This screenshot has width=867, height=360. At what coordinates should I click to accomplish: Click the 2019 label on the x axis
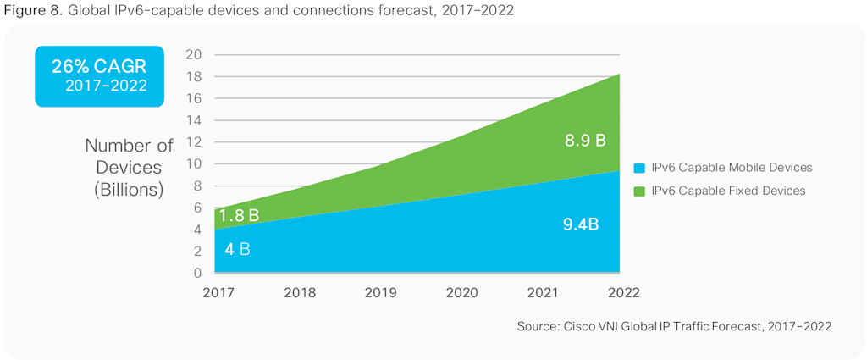pos(380,292)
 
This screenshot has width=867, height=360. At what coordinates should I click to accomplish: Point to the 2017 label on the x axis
pos(218,292)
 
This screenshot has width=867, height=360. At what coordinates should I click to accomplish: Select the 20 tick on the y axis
pos(193,54)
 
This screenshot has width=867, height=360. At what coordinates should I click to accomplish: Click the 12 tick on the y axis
pos(193,141)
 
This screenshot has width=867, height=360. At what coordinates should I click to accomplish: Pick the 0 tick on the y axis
pos(197,273)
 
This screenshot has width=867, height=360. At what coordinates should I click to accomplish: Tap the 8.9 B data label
pos(585,141)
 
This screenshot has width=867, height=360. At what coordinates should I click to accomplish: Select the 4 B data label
pos(237,250)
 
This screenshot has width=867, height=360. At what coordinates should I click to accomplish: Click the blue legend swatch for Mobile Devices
pos(639,167)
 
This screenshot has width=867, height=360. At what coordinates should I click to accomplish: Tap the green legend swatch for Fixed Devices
pos(639,191)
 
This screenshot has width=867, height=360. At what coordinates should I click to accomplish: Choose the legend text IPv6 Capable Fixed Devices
pos(728,191)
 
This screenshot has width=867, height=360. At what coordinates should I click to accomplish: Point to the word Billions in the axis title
pos(129,189)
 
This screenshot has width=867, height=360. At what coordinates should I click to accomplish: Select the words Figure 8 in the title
pos(31,9)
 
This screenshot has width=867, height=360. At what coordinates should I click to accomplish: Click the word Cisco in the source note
pos(580,326)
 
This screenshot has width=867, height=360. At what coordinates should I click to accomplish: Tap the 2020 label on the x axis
pos(461,292)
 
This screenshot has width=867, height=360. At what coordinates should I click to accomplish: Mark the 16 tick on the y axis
pos(193,98)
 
